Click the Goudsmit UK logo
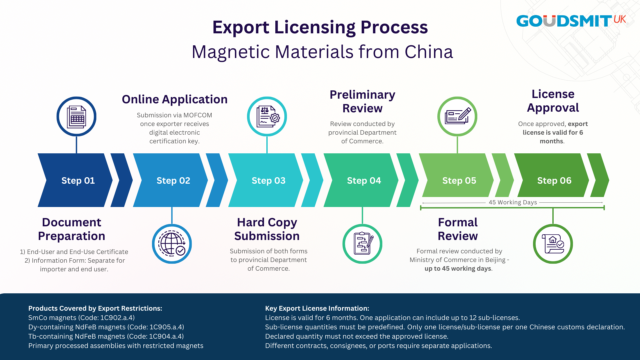pos(571,21)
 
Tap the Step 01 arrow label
pos(78,180)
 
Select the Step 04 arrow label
pos(364,180)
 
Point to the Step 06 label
pos(554,180)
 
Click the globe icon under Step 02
pos(172,244)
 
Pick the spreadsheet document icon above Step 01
pos(76,116)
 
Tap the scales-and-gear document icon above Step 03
pos(267,116)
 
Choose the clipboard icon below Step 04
pos(362,244)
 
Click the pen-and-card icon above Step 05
pos(457,116)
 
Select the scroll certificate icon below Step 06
pos(553,244)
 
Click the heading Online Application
pos(175,99)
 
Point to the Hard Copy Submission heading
pos(267,229)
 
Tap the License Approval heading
pos(553,101)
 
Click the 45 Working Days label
pos(513,202)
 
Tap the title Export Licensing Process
pos(320,27)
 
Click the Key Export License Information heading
pos(317,308)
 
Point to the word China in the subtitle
pos(429,52)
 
